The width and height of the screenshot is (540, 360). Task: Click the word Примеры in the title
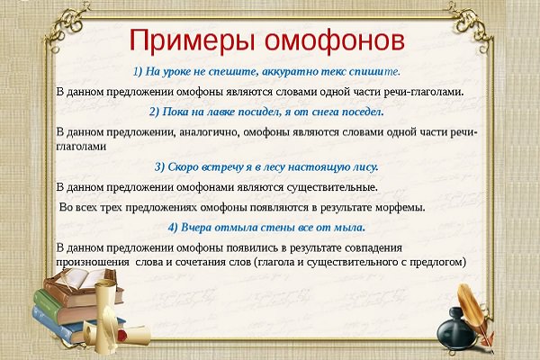click(192, 41)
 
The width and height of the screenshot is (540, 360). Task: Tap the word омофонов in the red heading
click(335, 41)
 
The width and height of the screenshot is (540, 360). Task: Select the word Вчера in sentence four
click(195, 228)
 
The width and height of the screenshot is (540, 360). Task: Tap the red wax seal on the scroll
click(122, 333)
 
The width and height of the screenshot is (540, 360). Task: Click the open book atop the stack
click(80, 282)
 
